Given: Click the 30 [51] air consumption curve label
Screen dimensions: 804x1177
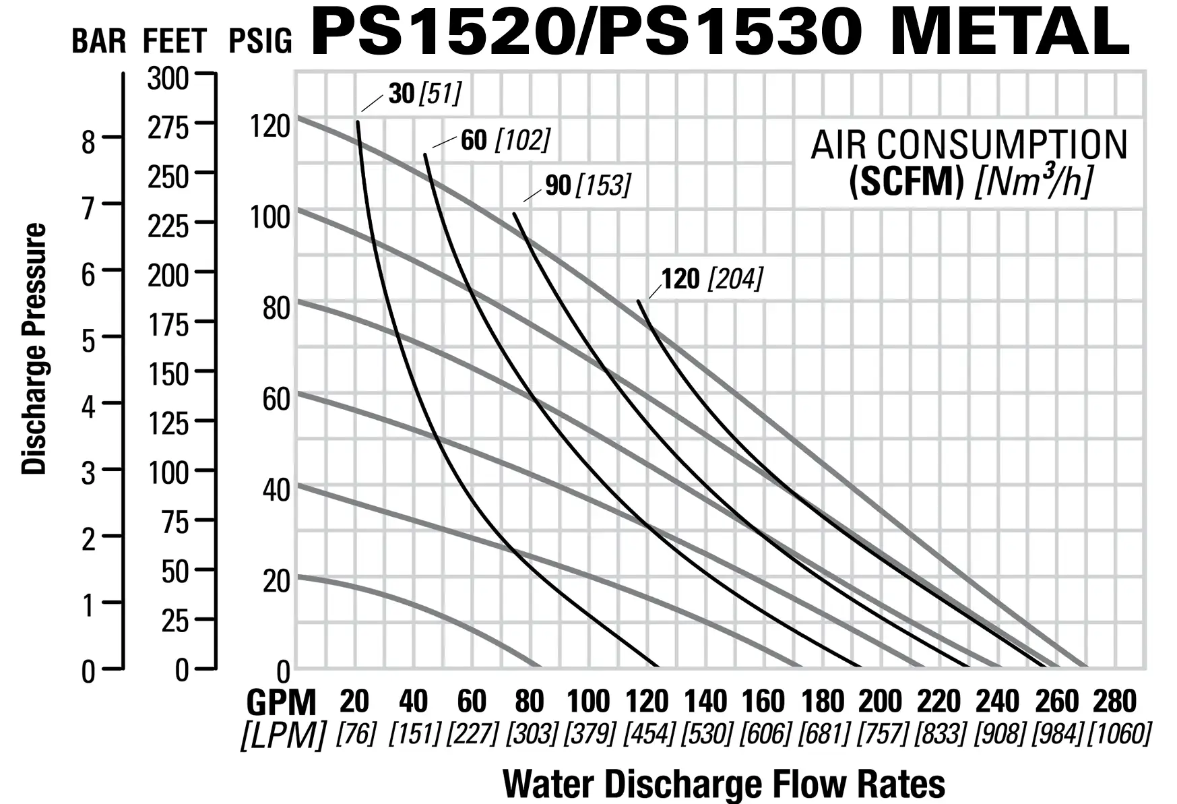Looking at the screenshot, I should (425, 94).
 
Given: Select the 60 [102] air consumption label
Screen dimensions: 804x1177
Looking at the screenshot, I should (505, 140).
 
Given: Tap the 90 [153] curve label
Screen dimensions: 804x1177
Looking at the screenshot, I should (587, 185).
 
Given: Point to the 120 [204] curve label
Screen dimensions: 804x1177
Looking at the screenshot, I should (711, 279).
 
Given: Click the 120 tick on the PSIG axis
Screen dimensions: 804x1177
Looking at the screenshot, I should (270, 126).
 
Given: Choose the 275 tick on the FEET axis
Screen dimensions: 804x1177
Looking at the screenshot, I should (168, 127).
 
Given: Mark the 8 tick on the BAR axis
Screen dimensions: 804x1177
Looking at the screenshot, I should (89, 142).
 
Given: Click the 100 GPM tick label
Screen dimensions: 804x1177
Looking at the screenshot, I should (588, 702).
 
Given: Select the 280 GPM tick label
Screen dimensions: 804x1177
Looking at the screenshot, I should (1115, 702).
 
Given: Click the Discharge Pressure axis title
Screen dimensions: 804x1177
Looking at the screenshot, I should (34, 349).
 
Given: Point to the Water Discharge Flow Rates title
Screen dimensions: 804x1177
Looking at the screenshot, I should (724, 784).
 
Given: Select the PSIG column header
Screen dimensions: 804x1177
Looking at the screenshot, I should (260, 41).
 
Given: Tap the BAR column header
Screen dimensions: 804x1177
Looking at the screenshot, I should (99, 41).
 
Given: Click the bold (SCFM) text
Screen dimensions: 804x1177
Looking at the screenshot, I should (906, 181).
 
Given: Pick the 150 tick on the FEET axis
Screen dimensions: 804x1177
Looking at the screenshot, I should (168, 374).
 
